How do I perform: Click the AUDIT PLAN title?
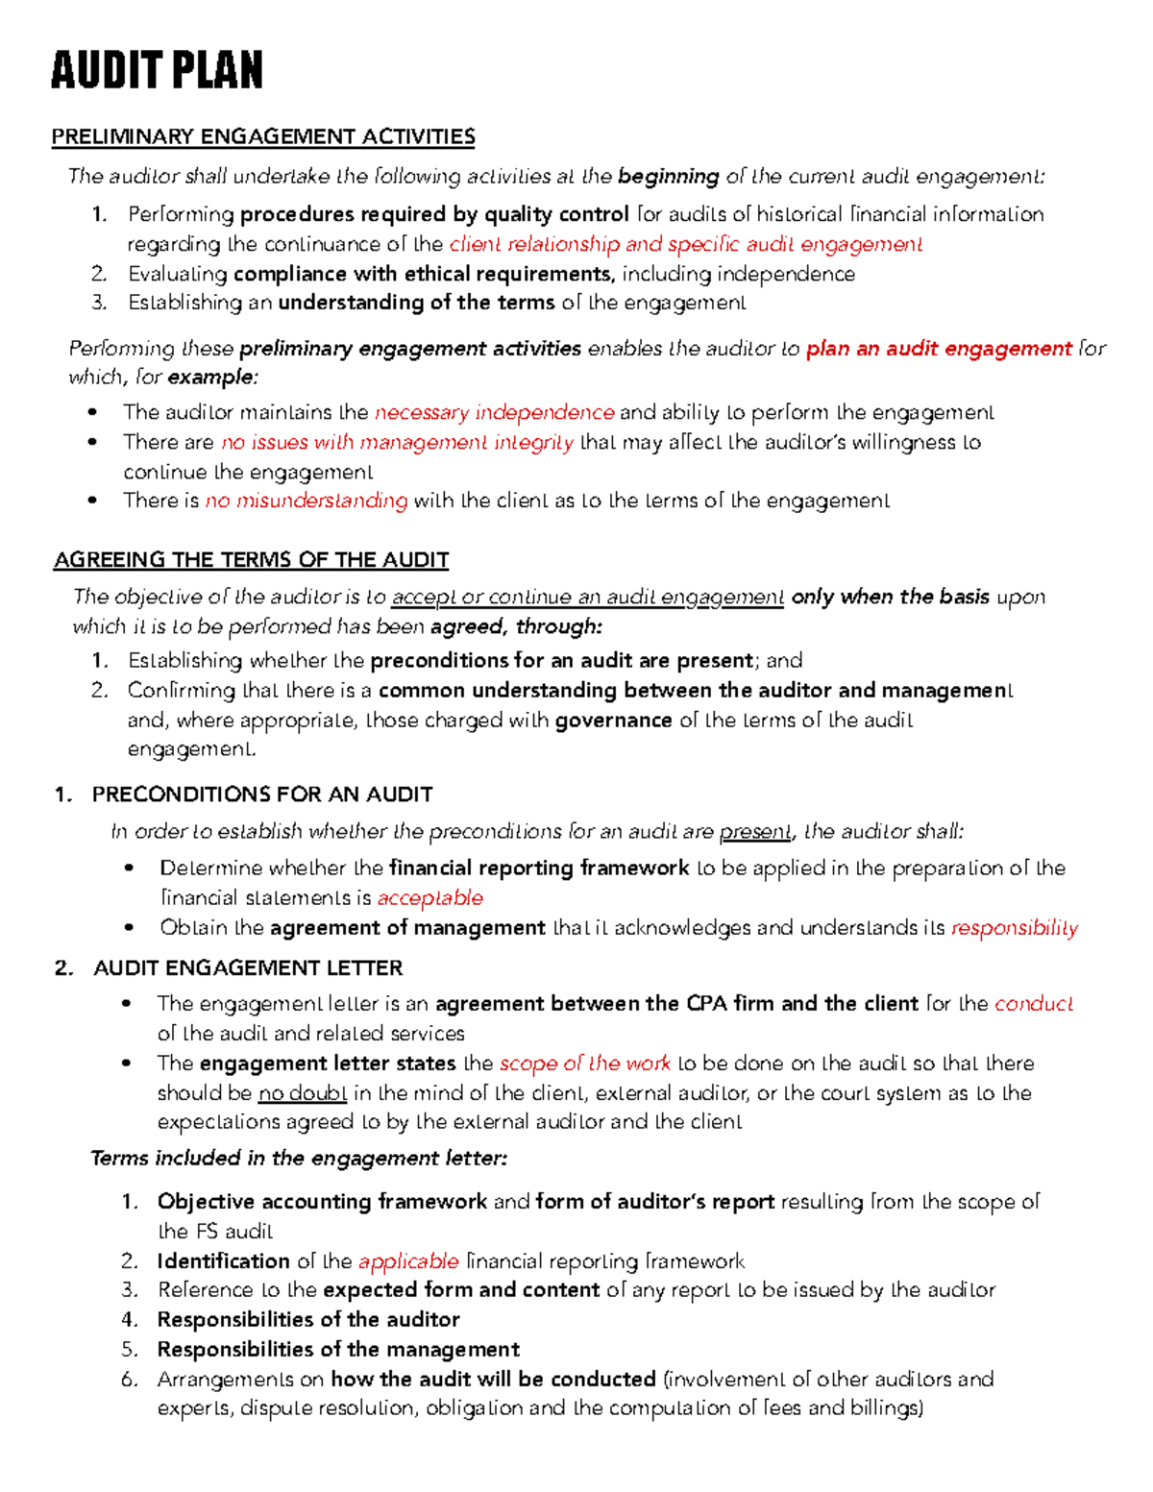tap(157, 71)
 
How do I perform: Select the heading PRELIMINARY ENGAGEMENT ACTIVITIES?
tap(263, 136)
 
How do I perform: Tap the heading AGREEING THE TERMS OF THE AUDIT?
tap(252, 559)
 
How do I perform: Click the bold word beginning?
tap(669, 176)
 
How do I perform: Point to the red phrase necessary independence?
tap(494, 412)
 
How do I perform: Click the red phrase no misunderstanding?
tap(307, 501)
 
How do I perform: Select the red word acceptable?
tap(429, 897)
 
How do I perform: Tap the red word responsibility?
tap(1014, 927)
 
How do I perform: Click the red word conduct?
tap(1033, 1003)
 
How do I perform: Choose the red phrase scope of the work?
tap(585, 1063)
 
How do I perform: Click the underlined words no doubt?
tap(303, 1092)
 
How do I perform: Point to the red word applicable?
tap(408, 1260)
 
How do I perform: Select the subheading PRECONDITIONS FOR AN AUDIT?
tap(262, 795)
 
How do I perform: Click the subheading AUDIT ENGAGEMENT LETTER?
tap(248, 967)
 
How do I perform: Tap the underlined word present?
tap(755, 831)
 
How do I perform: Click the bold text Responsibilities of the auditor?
tap(308, 1319)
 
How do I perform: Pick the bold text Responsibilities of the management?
tap(338, 1349)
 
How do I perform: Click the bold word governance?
tap(613, 720)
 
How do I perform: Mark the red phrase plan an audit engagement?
tap(939, 348)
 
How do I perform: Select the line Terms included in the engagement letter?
tap(299, 1158)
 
